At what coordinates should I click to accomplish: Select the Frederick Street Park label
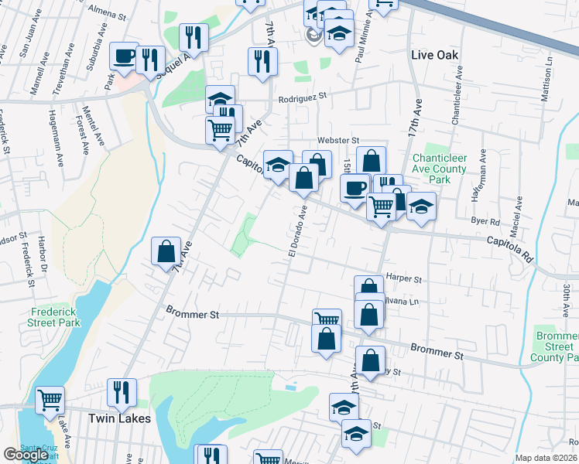54,317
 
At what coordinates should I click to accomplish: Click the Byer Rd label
485,220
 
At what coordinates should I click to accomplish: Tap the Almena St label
107,15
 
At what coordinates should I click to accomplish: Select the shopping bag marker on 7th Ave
166,251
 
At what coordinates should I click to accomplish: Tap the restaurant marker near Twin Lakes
122,393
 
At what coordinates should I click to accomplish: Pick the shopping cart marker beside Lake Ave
50,400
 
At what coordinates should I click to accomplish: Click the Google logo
26,455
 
